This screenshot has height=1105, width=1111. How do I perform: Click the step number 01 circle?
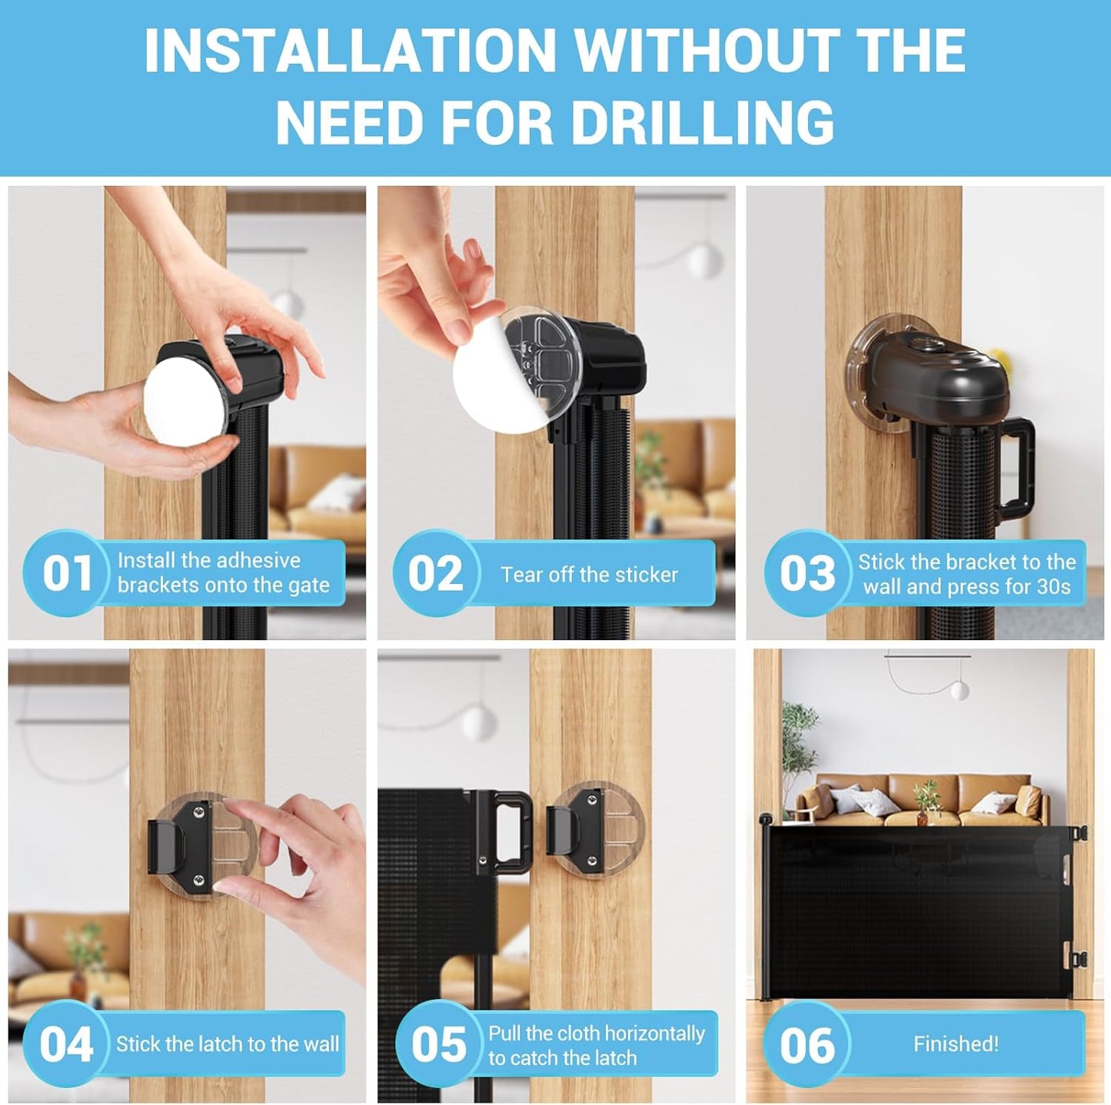click(67, 573)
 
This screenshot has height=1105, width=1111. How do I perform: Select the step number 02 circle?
click(436, 573)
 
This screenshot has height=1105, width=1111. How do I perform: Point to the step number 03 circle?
click(807, 573)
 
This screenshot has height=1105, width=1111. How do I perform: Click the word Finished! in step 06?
click(956, 1044)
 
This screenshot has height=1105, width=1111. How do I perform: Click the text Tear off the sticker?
click(589, 574)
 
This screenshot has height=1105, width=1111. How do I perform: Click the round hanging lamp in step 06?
click(959, 690)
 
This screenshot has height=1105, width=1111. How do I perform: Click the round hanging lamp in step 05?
click(479, 723)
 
